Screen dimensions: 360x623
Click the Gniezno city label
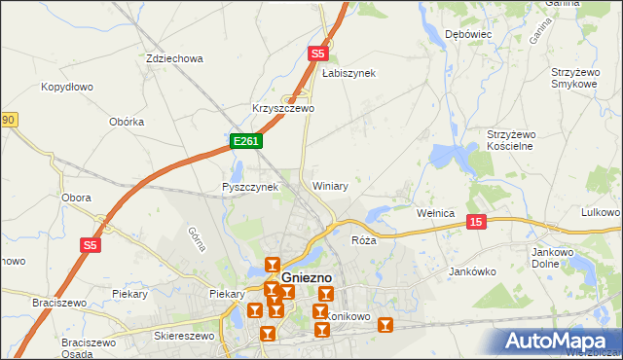308,277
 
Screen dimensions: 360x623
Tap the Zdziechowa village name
173,58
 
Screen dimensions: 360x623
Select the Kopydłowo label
67,87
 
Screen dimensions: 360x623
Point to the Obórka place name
128,122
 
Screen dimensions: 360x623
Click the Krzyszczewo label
282,108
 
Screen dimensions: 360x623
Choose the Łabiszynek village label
348,73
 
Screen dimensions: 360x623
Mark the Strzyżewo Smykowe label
573,78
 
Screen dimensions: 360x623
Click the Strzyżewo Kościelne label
523,139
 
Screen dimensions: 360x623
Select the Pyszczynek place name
250,186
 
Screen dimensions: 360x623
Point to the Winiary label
330,185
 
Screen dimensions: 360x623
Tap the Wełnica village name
436,212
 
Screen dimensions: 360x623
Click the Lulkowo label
600,212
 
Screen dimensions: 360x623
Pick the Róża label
364,239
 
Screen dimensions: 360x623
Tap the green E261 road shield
245,142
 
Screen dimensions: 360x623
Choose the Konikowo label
348,316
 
